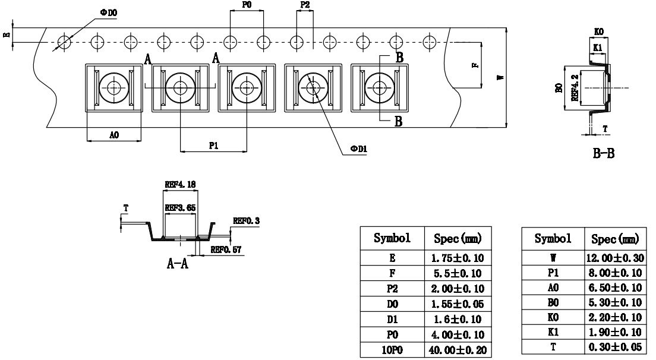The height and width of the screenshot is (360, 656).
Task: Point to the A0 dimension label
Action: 114,135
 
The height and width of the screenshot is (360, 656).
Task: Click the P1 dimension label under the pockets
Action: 213,145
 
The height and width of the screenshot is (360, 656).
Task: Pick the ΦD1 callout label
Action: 359,150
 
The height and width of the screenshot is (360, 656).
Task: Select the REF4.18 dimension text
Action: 179,185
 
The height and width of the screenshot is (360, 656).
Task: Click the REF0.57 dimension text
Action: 226,250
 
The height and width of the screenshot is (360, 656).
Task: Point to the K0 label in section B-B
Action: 598,31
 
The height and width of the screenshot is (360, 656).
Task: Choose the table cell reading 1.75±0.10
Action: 456,259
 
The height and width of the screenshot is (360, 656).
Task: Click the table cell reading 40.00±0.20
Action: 456,351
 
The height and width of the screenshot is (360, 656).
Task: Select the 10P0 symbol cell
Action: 391,351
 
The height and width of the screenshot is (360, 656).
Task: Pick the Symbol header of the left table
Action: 391,239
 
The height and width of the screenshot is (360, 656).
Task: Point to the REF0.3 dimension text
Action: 247,221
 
